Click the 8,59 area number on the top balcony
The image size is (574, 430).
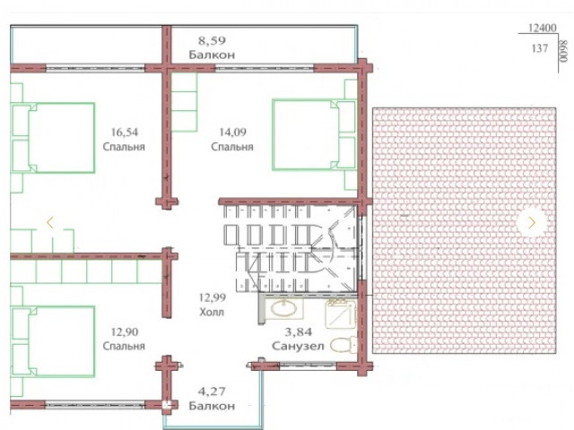[x=212, y=40]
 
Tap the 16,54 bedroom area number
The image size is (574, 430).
[x=125, y=132]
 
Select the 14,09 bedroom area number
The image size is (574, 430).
[x=232, y=132]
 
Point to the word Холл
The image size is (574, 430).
[x=212, y=312]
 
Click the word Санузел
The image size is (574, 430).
[x=298, y=346]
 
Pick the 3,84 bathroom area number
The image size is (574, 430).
[x=299, y=332]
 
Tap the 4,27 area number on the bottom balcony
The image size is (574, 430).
[x=212, y=391]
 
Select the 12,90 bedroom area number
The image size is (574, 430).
[x=125, y=332]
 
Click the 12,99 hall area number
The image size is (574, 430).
[x=212, y=297]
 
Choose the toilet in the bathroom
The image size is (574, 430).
[x=344, y=344]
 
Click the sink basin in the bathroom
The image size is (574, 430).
[x=283, y=308]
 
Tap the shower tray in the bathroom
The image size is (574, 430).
[x=341, y=314]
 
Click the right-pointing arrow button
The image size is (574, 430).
[x=532, y=222]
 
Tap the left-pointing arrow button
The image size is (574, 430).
[x=50, y=222]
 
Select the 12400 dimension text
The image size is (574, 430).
[x=542, y=28]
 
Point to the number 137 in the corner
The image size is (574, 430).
[x=540, y=48]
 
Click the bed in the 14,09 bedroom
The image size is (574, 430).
[x=314, y=134]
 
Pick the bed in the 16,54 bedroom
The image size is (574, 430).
[x=54, y=137]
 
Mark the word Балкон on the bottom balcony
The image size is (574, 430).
[x=212, y=406]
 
